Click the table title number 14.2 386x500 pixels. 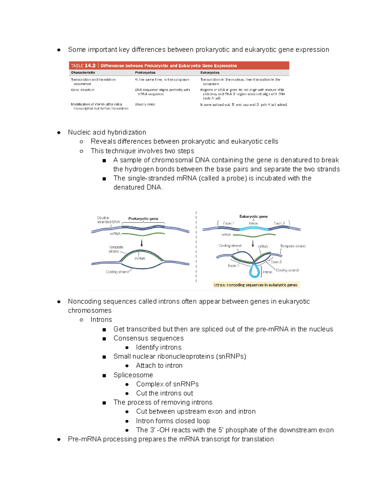[x=90, y=66]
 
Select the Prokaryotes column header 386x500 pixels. [x=145, y=73]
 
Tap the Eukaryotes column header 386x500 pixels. [x=210, y=73]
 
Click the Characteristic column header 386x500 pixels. [x=83, y=73]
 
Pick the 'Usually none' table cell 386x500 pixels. [x=145, y=104]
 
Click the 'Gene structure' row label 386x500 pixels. [x=83, y=90]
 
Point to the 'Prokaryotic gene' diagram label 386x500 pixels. [x=143, y=219]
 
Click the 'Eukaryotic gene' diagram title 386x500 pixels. [x=253, y=216]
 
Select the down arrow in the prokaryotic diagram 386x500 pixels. [x=142, y=243]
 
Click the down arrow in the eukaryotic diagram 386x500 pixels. [x=253, y=243]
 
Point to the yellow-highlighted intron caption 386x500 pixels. [x=256, y=285]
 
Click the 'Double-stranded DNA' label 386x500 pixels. [x=108, y=220]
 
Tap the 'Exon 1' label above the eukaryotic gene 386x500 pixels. [x=228, y=223]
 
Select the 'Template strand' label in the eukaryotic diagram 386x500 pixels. [x=292, y=246]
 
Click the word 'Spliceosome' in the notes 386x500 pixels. [x=133, y=375]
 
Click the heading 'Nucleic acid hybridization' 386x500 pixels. [x=107, y=132]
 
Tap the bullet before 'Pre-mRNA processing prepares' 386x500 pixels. [x=59, y=439]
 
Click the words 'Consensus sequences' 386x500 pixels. [x=148, y=338]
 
